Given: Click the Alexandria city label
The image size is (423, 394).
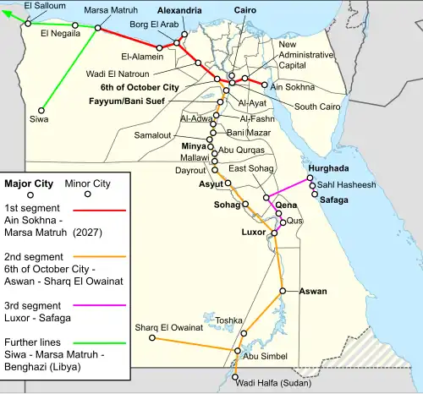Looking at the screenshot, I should (179, 10).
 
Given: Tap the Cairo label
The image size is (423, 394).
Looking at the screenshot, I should (247, 10).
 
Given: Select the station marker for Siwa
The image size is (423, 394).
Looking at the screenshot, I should (41, 108).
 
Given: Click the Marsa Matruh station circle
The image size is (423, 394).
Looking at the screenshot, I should (97, 28).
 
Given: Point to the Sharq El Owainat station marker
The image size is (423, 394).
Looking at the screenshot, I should (152, 338).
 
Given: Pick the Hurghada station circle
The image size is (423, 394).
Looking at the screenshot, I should (310, 178).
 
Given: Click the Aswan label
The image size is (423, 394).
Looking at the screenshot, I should (313, 292).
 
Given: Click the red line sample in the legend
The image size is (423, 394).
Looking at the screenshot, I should (100, 208).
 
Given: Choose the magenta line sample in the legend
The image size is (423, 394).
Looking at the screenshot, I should (100, 304).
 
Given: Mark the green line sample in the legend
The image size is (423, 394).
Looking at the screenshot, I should (100, 343).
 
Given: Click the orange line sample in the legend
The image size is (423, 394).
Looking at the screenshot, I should (100, 256).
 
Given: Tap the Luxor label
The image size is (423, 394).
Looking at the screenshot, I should (254, 232).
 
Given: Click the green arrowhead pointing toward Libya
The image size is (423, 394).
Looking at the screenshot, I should (8, 12).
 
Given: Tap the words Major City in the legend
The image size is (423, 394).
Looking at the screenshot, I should (30, 183).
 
